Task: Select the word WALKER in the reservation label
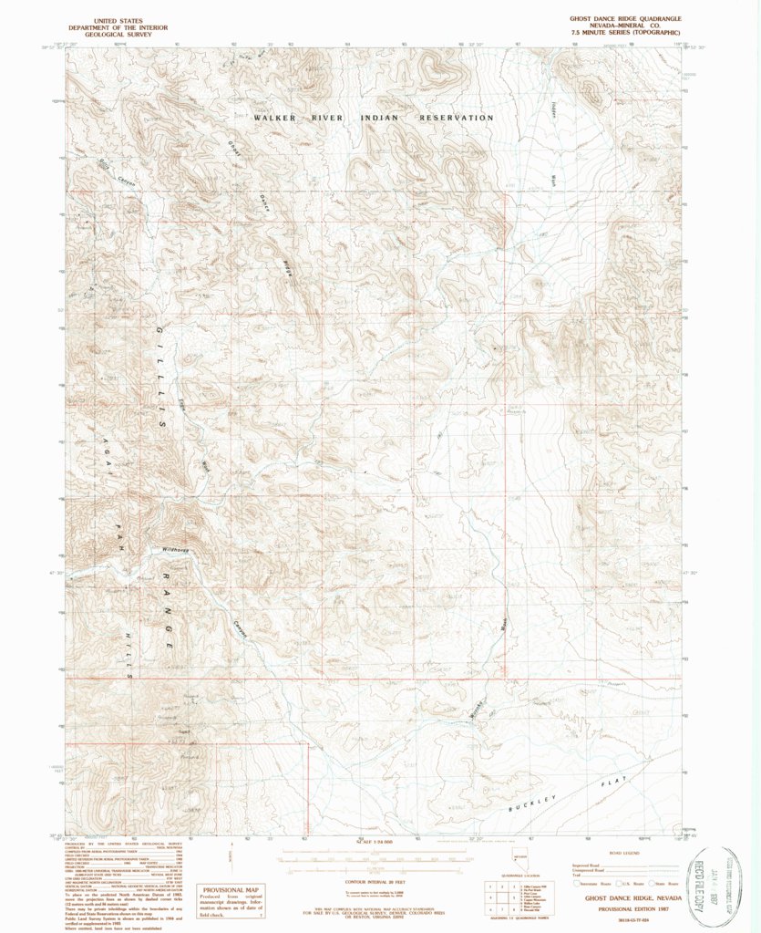click(278, 119)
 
